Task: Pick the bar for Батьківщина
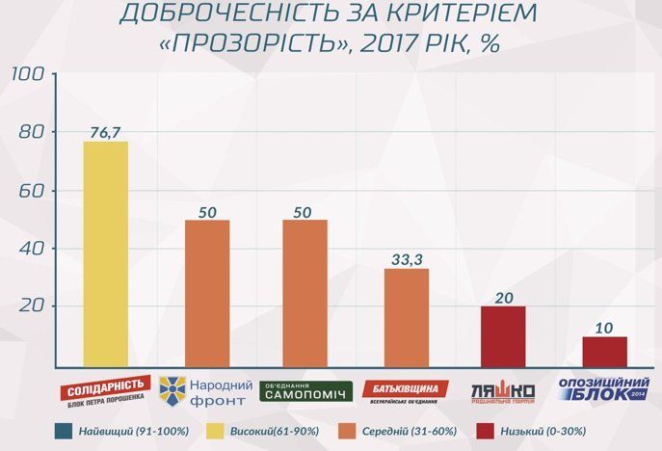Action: click(407, 317)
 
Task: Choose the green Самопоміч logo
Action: click(305, 391)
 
